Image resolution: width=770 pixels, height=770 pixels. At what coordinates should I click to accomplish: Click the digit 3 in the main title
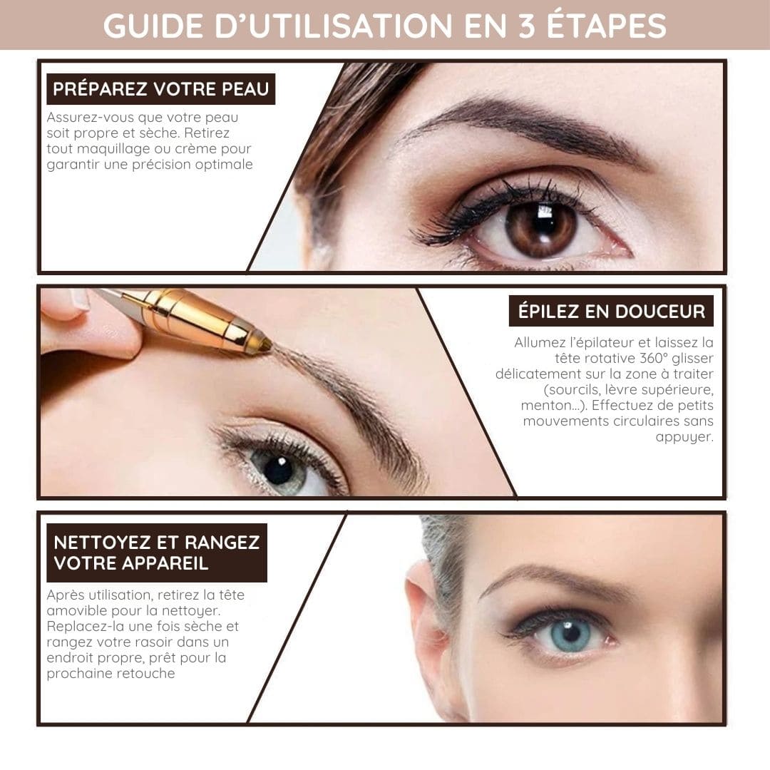tap(526, 26)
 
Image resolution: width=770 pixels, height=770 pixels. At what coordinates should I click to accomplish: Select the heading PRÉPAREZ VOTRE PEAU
tap(161, 89)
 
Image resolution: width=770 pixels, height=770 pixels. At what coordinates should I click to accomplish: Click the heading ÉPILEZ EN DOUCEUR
tap(612, 311)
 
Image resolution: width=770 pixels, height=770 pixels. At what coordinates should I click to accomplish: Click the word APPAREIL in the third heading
tap(170, 563)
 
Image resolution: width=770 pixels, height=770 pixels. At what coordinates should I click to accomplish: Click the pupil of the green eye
tap(279, 471)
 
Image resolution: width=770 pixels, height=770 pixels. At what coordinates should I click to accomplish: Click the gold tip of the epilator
tap(264, 344)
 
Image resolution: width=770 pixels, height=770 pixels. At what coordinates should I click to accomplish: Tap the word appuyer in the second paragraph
tap(684, 437)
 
